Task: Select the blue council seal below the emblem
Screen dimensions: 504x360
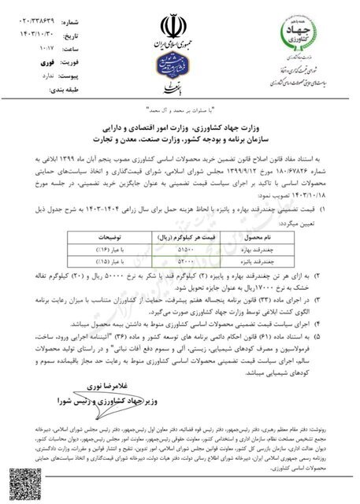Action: (x=179, y=62)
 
